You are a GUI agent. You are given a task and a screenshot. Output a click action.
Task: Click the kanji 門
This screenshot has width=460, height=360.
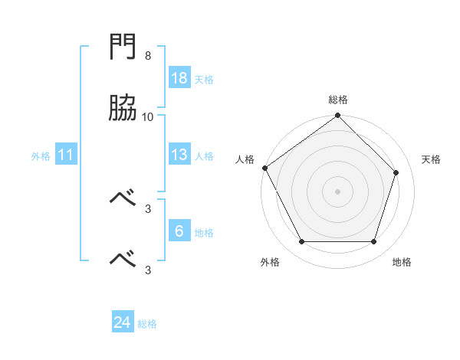123,46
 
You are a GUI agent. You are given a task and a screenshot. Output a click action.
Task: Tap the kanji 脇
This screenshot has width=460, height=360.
123,107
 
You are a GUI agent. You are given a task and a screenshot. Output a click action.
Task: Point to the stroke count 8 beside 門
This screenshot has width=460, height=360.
148,55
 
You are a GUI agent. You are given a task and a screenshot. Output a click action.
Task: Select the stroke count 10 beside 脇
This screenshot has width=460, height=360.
147,117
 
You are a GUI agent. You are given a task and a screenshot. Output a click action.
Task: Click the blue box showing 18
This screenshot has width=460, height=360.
179,77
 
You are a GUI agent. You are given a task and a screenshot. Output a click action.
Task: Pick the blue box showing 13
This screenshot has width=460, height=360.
179,154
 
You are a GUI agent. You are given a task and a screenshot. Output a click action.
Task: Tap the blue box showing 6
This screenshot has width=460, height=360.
179,230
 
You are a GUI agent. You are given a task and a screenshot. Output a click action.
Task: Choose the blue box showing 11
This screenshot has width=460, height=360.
66,154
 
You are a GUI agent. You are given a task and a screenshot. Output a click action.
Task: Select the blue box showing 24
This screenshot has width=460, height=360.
123,321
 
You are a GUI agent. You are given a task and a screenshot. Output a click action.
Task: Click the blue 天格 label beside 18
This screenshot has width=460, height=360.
204,80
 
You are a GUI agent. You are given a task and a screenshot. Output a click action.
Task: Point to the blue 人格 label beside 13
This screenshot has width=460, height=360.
204,156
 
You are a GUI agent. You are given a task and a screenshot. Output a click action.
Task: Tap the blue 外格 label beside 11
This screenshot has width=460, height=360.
41,156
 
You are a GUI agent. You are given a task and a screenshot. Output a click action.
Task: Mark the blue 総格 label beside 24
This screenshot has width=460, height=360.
147,324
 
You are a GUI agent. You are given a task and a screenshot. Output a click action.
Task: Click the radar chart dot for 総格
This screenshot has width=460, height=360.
337,115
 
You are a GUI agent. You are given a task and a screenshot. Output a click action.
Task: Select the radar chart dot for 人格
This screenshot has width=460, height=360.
265,168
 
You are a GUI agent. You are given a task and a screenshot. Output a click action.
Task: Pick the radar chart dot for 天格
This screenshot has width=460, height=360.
396,172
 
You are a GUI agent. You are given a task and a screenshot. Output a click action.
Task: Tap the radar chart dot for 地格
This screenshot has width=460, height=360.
373,241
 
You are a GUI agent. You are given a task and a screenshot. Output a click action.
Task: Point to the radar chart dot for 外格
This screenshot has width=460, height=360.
302,241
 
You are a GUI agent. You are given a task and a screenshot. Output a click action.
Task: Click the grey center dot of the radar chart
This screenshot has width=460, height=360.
337,191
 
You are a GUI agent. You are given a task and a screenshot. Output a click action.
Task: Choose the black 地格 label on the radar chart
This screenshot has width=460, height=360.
402,262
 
